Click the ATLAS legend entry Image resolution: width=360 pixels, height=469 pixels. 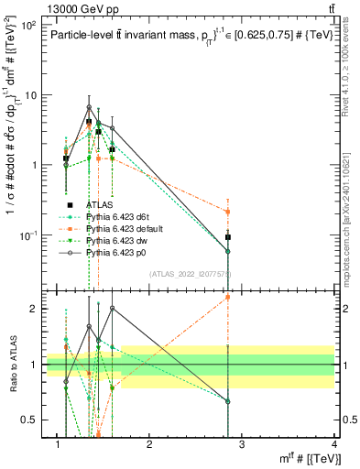click(99, 205)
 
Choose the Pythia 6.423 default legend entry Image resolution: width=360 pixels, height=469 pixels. click(124, 228)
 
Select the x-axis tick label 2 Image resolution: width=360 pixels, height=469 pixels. click(148, 446)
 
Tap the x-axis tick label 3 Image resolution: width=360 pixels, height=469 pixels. click(242, 446)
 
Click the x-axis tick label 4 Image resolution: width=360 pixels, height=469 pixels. click(333, 446)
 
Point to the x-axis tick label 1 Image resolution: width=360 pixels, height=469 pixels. click(57, 446)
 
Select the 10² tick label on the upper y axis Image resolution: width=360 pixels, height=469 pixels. click(27, 25)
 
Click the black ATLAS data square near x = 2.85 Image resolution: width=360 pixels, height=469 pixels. click(228, 237)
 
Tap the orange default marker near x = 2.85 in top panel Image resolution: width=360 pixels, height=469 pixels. click(228, 212)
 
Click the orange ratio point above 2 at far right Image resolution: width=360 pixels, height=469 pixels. click(228, 297)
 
